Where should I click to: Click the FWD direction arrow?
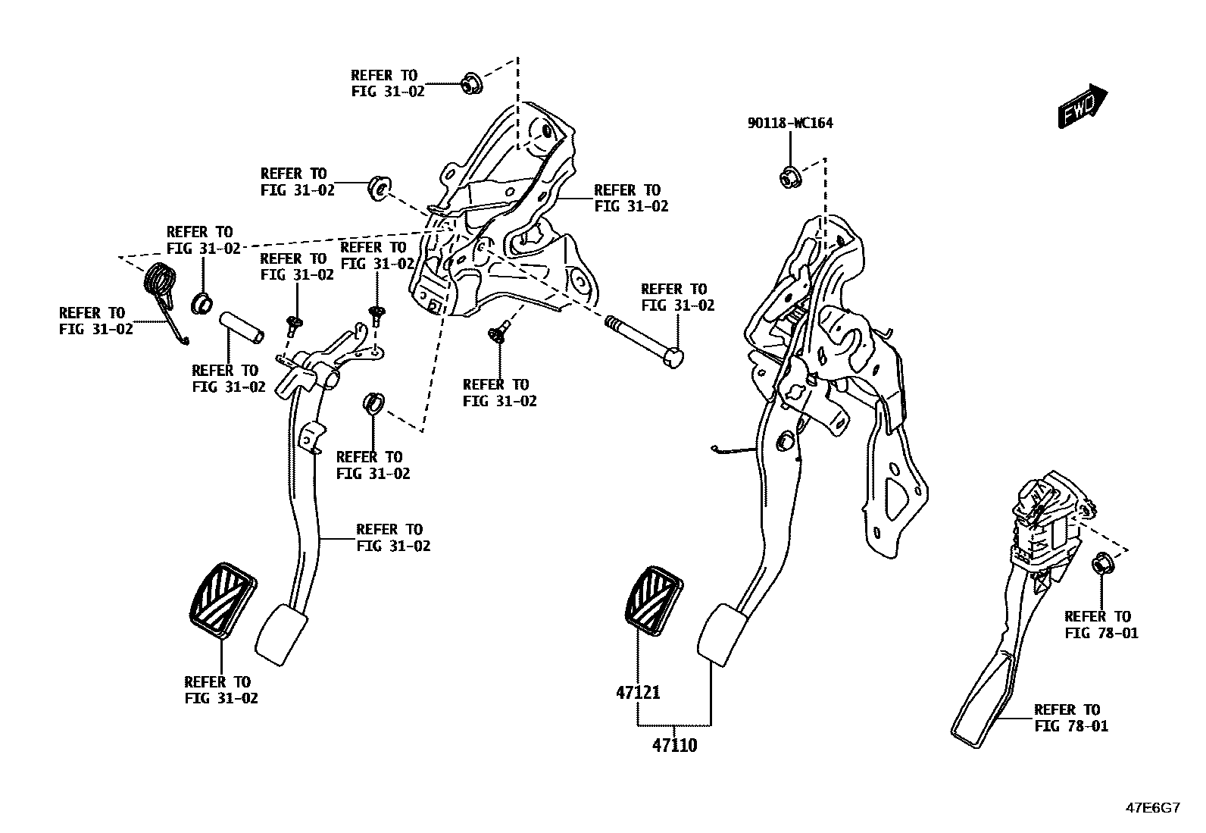pos(1083,105)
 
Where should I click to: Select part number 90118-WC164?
pos(790,123)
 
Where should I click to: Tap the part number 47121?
pos(638,692)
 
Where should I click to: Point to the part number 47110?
pos(674,745)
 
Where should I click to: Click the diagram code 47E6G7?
pos(1152,808)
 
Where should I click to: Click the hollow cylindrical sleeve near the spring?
pos(242,327)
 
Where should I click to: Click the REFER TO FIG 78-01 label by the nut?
pos(1101,625)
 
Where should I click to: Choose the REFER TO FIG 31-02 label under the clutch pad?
pos(221,690)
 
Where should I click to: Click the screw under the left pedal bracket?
pos(498,332)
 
